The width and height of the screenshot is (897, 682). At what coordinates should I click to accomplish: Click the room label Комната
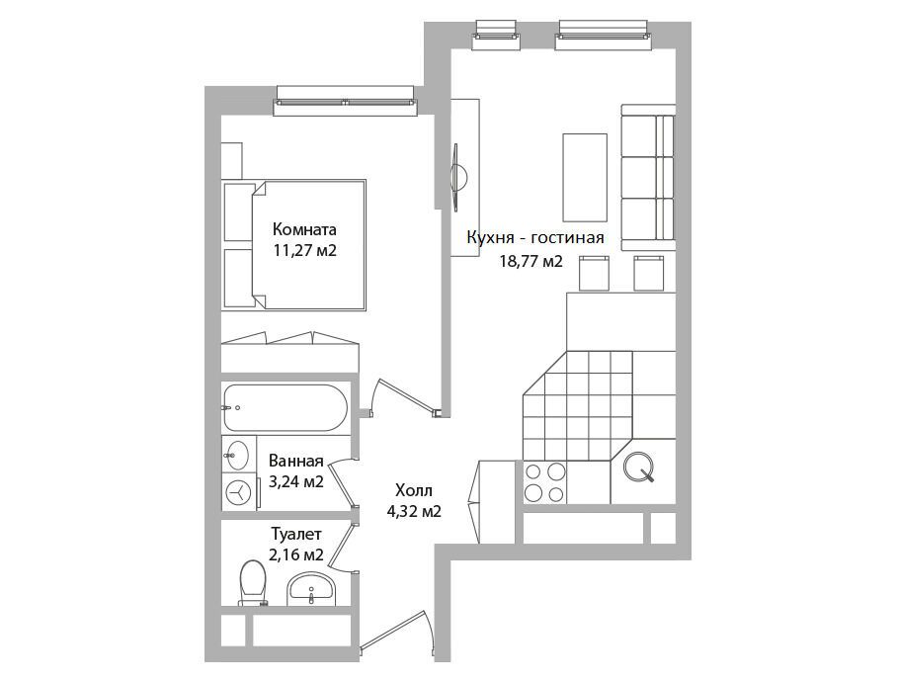[x=304, y=229]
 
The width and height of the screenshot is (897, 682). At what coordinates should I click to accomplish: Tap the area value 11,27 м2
[x=304, y=251]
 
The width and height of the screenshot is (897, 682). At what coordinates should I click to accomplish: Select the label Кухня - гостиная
[x=535, y=237]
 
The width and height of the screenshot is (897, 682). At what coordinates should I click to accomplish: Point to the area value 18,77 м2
[x=531, y=262]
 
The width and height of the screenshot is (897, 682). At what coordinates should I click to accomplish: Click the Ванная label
[x=296, y=461]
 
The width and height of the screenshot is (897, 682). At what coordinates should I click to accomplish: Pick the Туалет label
[x=296, y=534]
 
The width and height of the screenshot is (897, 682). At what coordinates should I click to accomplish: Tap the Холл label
[x=414, y=490]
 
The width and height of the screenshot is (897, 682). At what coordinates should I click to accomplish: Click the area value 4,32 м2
[x=414, y=512]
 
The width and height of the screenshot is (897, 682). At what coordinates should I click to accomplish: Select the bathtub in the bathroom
[x=285, y=407]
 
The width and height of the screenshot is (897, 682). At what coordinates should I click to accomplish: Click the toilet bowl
[x=252, y=582]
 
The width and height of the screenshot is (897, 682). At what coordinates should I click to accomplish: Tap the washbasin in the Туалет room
[x=311, y=588]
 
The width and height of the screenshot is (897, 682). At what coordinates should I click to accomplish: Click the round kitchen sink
[x=638, y=468]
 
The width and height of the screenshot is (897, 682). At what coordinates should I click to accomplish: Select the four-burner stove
[x=545, y=483]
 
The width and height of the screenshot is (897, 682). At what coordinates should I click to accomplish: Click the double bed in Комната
[x=294, y=245]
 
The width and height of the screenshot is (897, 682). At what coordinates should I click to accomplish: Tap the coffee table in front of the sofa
[x=585, y=177]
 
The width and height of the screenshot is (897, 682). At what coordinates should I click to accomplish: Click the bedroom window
[x=346, y=101]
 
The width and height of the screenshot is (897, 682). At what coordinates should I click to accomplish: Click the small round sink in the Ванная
[x=236, y=455]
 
